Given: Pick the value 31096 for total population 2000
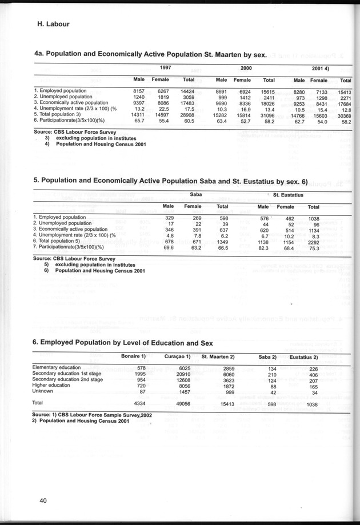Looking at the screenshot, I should (267, 115).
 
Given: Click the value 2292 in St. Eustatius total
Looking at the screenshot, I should (314, 241).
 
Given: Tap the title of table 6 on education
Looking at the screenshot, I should (122, 342).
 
